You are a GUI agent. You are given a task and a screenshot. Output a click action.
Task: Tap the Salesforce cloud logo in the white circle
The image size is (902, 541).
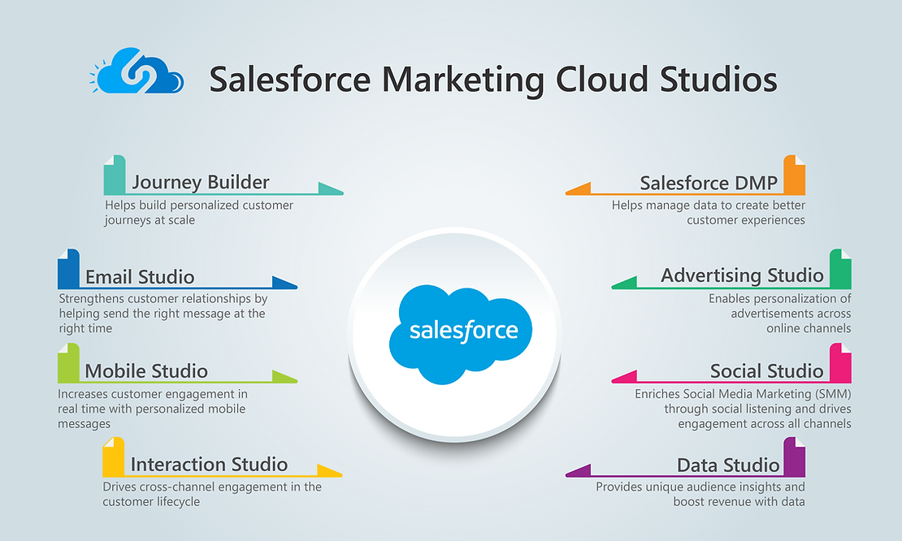[461, 333]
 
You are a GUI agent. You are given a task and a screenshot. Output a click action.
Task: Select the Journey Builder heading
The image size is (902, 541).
[200, 182]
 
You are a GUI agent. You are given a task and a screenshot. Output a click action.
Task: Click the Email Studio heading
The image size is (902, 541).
[140, 277]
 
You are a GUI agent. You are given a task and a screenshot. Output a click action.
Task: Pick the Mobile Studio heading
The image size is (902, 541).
[146, 371]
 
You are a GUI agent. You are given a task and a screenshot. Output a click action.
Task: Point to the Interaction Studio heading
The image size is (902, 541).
[209, 465]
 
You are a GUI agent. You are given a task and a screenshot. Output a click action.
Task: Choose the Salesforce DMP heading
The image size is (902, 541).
[709, 183]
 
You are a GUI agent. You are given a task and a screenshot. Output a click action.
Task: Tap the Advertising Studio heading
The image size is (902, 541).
[742, 276]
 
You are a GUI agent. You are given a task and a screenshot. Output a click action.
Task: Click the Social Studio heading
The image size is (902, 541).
[767, 371]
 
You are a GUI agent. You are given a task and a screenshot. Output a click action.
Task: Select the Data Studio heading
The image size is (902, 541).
[728, 465]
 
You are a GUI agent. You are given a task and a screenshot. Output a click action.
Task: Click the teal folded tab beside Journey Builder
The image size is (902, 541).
[115, 175]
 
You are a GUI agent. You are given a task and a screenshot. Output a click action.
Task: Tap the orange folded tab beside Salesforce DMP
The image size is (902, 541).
[795, 175]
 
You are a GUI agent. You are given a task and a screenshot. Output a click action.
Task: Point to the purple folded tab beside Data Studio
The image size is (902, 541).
[795, 457]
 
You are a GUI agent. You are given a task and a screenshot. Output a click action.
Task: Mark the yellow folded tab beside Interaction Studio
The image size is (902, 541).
[113, 457]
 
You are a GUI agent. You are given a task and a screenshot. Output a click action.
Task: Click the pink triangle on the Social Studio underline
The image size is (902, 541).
[625, 377]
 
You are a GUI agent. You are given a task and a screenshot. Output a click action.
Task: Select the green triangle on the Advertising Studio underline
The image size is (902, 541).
[625, 283]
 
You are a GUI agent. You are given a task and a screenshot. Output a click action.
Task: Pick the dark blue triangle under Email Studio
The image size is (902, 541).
[284, 283]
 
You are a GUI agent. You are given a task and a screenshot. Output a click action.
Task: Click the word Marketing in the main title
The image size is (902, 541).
[462, 80]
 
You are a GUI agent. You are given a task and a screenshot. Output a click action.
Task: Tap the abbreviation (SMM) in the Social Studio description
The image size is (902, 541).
[833, 395]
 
